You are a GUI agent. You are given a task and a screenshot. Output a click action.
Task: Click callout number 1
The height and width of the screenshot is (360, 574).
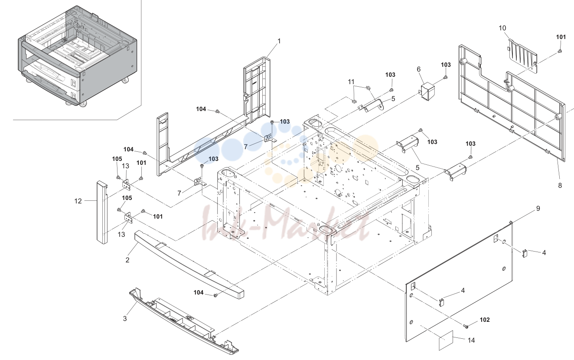(279, 41)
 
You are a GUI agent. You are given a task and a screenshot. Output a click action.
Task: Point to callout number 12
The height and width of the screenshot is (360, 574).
(78, 201)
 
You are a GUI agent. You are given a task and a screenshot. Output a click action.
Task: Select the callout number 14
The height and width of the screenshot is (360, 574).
(471, 340)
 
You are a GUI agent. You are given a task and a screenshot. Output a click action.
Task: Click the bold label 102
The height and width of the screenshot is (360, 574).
(485, 320)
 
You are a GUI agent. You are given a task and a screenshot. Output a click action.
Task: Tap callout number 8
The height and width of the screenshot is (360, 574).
(560, 185)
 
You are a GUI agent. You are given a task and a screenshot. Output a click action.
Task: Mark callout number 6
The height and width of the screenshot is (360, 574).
(419, 69)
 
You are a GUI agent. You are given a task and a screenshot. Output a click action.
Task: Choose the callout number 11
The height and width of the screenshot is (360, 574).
(351, 82)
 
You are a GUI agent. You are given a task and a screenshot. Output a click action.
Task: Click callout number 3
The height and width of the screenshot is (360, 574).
(125, 318)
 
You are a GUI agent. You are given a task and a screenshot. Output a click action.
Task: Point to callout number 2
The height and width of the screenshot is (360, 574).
(127, 260)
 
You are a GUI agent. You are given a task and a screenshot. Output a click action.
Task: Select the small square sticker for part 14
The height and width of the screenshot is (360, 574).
(446, 340)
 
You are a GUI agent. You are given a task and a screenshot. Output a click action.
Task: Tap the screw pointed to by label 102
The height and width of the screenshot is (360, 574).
(466, 326)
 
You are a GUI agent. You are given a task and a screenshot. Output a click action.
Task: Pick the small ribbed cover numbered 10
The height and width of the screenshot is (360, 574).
(522, 56)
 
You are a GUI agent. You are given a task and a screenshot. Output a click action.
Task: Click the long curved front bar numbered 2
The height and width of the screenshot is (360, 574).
(189, 264)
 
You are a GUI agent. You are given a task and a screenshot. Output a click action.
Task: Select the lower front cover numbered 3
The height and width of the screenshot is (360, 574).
(183, 321)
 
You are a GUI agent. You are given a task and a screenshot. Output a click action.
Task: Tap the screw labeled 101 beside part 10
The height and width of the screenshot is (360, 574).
(559, 51)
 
